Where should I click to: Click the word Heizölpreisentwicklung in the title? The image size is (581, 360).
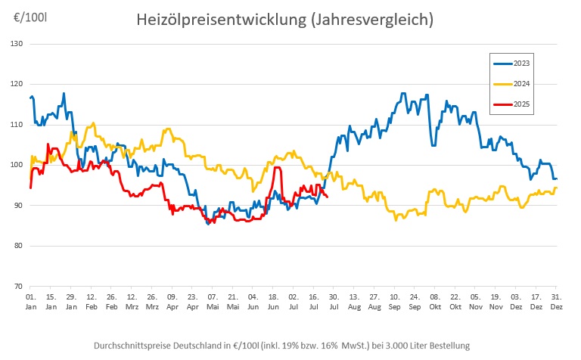(x=219, y=20)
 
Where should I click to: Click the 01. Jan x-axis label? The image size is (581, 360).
(x=31, y=303)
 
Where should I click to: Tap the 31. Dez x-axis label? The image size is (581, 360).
(x=556, y=303)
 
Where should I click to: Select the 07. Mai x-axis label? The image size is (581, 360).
(x=213, y=303)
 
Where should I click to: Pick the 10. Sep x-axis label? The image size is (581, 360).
(x=395, y=303)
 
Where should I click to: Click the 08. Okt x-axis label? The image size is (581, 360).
(x=435, y=303)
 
